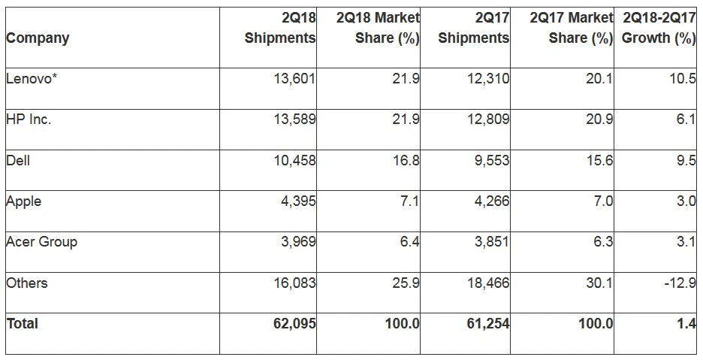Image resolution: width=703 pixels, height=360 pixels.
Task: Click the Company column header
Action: pyautogui.click(x=38, y=38)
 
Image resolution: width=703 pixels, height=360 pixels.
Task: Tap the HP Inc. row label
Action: pyautogui.click(x=29, y=120)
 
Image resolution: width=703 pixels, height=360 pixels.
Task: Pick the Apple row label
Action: pyautogui.click(x=23, y=201)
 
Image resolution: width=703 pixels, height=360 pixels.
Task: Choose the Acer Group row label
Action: pyautogui.click(x=41, y=242)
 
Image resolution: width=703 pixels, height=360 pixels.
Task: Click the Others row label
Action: pyautogui.click(x=26, y=283)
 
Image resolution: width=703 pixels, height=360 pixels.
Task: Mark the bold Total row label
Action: pyautogui.click(x=22, y=324)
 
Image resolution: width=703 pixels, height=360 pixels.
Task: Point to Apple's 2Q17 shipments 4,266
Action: pyautogui.click(x=491, y=202)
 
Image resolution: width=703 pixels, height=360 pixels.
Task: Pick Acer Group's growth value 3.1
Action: pyautogui.click(x=685, y=243)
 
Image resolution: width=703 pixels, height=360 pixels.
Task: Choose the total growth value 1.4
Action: pyautogui.click(x=685, y=324)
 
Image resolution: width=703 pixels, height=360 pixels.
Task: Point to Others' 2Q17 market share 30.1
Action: pyautogui.click(x=599, y=283)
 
